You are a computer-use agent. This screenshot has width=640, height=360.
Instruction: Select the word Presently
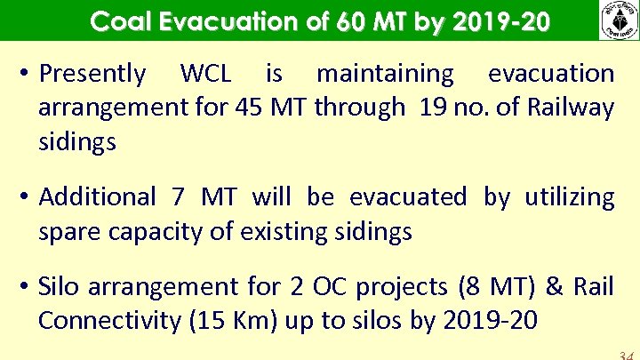pos(92,74)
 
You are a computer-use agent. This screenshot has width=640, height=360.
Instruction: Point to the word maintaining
pos(385,74)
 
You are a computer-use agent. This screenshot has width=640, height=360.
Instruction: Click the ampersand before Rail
pos(555,287)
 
